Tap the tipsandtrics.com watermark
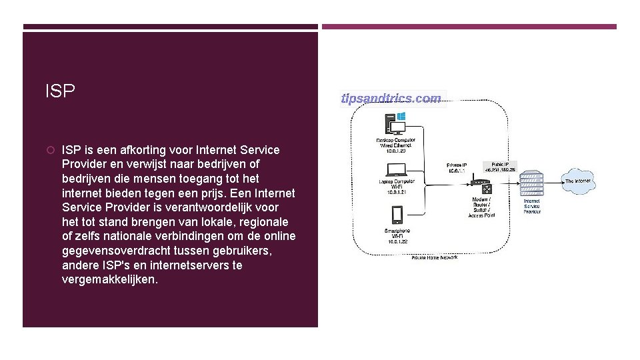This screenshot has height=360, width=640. (x=391, y=99)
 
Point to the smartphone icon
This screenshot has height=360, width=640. (x=397, y=215)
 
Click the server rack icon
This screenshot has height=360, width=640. (x=531, y=183)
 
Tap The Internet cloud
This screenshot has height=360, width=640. (x=577, y=181)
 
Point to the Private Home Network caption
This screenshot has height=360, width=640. (x=435, y=257)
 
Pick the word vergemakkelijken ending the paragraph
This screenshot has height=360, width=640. (x=109, y=280)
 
